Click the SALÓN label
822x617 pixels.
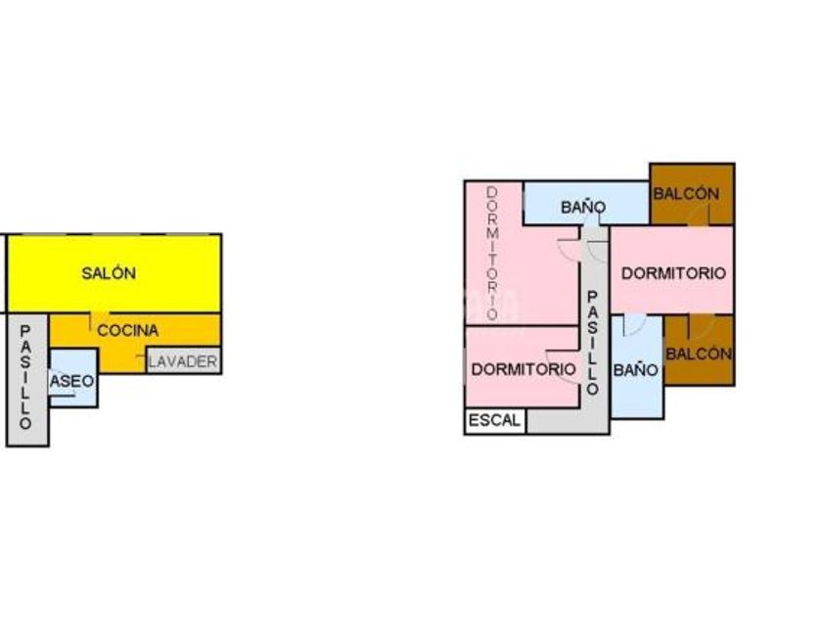[x=109, y=274]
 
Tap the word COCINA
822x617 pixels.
[x=127, y=331]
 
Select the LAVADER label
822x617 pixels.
[x=183, y=361]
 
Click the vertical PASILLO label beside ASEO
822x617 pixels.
[x=25, y=378]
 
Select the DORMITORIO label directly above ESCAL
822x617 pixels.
[x=523, y=369]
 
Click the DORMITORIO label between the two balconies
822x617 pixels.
[x=673, y=274]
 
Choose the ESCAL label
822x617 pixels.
[x=495, y=420]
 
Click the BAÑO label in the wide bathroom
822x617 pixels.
[x=583, y=208]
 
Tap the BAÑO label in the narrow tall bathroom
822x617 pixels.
[x=635, y=370]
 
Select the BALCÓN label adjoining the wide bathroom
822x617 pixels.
[x=686, y=194]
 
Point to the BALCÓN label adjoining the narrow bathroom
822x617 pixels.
[x=699, y=355]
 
